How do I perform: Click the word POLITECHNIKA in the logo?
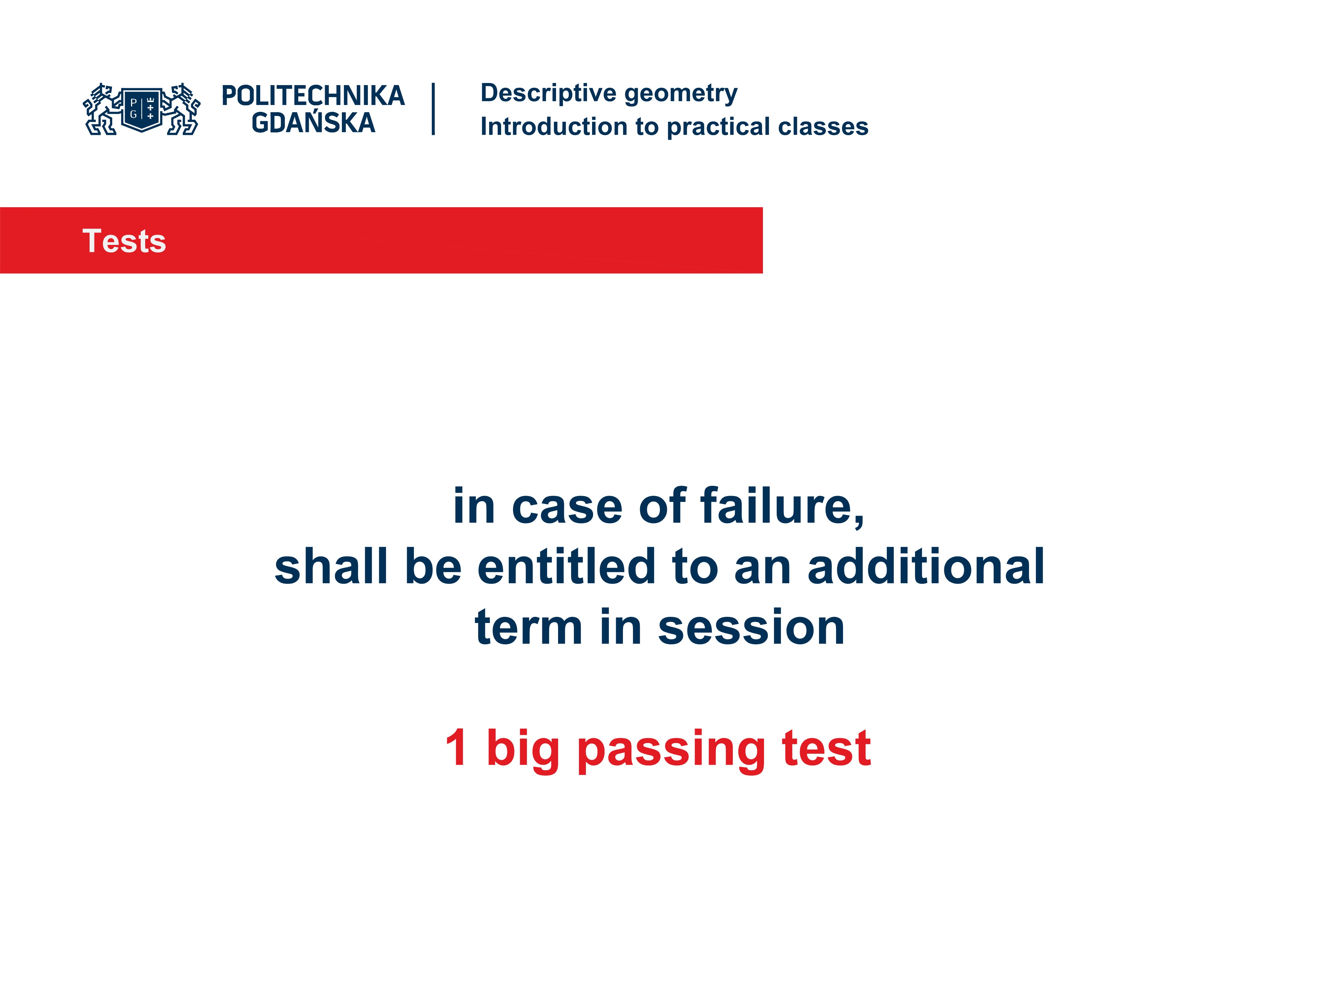313,96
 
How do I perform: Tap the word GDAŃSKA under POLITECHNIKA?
313,123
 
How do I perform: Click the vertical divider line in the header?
433,109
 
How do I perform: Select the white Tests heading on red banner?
124,241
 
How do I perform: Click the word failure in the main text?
782,506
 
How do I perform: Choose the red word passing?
671,749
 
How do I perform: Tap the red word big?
522,749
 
